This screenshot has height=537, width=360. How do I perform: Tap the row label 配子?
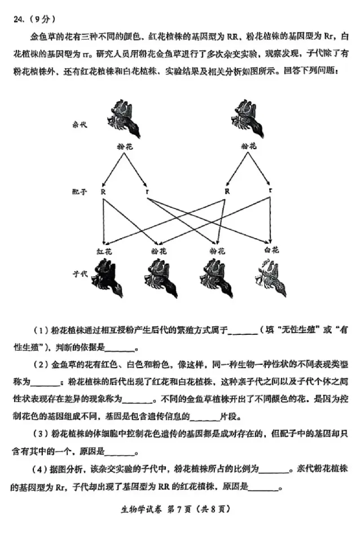79,191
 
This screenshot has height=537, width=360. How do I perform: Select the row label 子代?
79,273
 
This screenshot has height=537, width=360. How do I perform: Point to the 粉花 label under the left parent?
124,146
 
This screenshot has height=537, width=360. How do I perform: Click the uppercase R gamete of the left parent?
103,191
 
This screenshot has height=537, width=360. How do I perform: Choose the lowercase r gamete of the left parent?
146,191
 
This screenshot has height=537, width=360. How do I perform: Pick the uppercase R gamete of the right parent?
227,191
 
